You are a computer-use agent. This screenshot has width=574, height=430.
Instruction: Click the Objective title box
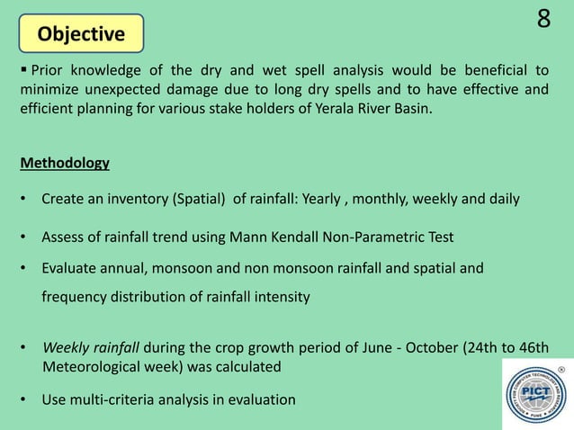pos(81,34)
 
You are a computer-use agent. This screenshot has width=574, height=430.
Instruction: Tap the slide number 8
pos(543,20)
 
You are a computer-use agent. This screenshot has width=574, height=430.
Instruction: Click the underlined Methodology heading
pos(64,163)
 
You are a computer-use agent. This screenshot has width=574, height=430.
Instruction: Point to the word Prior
pos(48,70)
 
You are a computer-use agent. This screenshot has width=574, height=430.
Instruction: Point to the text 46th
pos(532,348)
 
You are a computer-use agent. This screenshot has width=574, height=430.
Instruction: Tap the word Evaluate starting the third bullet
pos(69,267)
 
